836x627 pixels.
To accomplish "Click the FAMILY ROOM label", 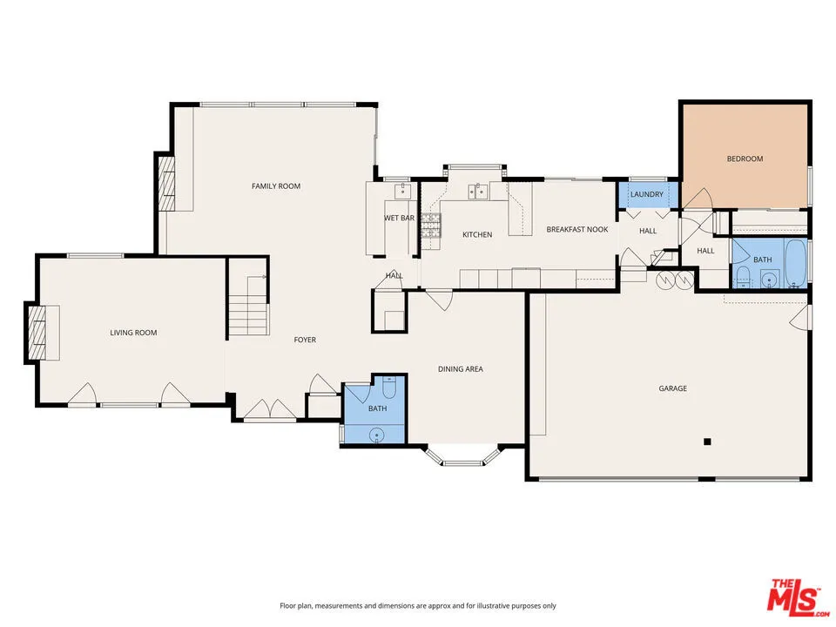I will click(276, 186).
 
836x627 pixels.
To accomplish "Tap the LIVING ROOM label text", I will click(133, 333).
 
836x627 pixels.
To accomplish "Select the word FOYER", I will click(304, 340).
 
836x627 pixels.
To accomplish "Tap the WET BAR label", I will click(399, 218).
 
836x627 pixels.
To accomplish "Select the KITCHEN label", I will click(476, 234).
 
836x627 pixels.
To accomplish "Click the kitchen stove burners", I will click(431, 226).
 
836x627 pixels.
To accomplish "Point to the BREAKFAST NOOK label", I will click(576, 229).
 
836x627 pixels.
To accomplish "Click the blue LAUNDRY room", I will click(647, 194).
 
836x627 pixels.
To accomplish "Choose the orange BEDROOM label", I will click(745, 158).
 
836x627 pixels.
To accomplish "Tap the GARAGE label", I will click(672, 388).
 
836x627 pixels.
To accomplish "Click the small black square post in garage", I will click(708, 442).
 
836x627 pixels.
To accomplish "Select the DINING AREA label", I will click(460, 369).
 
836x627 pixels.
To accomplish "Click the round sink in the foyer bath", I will click(377, 435).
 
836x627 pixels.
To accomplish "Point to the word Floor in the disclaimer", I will click(288, 605).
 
